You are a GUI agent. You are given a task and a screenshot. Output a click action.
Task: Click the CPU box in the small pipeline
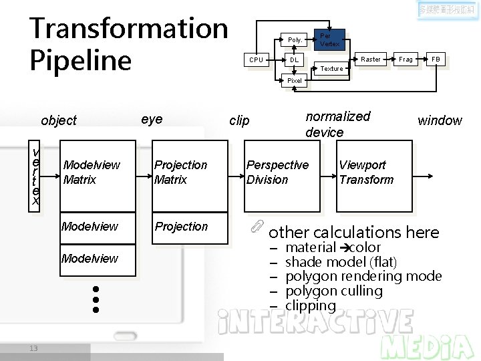[256, 59]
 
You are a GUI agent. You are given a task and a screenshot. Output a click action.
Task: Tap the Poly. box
[294, 40]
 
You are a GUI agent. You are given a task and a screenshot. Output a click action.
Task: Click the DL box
[294, 60]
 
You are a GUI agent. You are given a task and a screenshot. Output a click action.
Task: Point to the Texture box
[332, 68]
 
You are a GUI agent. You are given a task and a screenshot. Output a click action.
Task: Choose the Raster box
[371, 59]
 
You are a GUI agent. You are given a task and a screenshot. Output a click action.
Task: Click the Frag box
[406, 59]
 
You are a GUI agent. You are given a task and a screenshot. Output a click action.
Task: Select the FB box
[436, 59]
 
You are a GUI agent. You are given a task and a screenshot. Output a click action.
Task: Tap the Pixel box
[294, 80]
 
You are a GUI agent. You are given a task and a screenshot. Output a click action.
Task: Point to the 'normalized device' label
[337, 124]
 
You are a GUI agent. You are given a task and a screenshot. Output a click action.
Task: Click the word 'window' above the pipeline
[440, 120]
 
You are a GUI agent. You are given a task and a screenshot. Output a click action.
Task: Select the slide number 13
[33, 347]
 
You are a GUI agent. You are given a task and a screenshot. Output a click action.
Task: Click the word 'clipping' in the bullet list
[311, 306]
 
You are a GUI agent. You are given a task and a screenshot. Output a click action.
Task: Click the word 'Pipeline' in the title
[81, 60]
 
